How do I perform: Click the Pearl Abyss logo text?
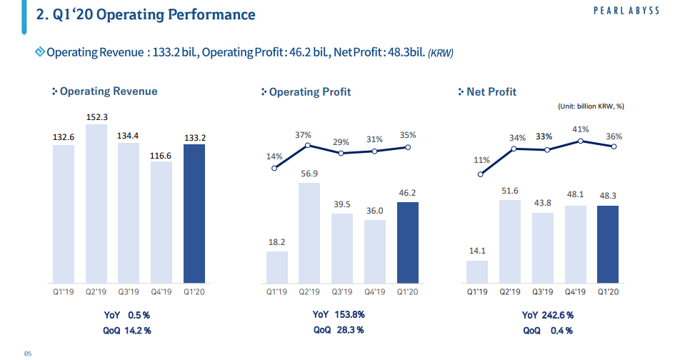coord(626,10)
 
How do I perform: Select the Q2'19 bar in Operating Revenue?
coord(96,204)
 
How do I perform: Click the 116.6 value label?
coord(161,154)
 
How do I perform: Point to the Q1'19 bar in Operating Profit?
coord(277,266)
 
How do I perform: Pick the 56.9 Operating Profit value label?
coord(309,174)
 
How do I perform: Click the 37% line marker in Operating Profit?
coord(308,145)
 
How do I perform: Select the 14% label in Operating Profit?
coord(275,156)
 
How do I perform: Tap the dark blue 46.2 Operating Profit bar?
coord(407,242)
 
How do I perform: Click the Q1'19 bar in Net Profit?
coord(477,271)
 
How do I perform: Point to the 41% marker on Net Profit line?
coord(581,141)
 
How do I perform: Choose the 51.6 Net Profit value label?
coord(510,191)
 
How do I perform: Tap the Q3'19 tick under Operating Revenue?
coord(129,291)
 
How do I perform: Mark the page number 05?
coord(28,353)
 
